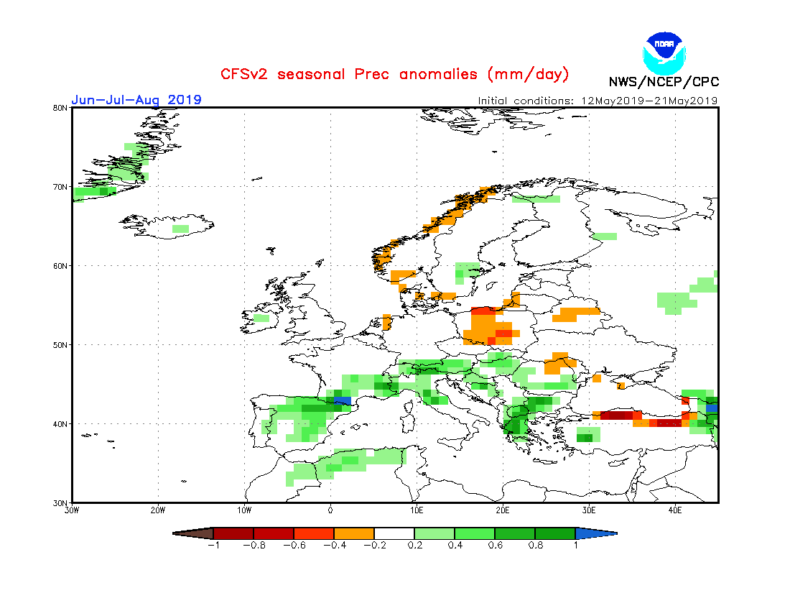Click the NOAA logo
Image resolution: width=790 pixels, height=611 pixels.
point(665,51)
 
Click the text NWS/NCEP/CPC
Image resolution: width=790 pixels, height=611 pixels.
point(664,81)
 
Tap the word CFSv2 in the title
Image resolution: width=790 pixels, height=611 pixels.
point(246,74)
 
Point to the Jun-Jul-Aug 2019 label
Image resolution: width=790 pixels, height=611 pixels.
point(136,100)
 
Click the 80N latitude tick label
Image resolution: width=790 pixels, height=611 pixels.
point(60,108)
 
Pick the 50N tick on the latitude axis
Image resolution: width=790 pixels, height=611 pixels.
point(60,345)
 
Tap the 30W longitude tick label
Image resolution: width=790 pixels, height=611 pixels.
point(72,510)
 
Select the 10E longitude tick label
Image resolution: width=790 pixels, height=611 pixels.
point(417,510)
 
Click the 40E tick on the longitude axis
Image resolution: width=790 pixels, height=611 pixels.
point(675,510)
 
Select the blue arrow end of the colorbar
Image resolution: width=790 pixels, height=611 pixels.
point(595,533)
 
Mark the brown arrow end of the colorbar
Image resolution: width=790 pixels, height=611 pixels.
point(194,533)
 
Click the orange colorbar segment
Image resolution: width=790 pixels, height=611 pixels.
point(354,533)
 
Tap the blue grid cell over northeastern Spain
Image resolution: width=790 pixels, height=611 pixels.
point(343,399)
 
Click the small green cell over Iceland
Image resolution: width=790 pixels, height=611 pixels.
point(180,229)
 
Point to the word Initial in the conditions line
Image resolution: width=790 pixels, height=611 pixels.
point(498,101)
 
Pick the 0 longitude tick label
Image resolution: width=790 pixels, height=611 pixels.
point(330,510)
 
